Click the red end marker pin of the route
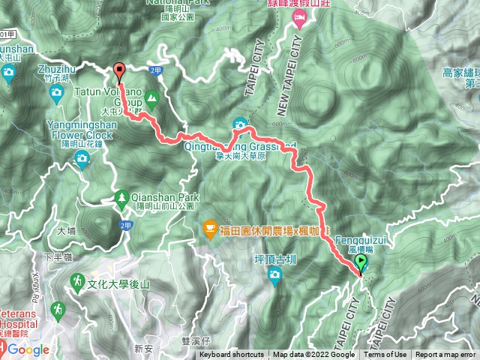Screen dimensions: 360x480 [x=119, y=71]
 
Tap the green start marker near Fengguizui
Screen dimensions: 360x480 [x=361, y=263]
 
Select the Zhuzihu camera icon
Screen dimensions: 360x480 [x=56, y=92]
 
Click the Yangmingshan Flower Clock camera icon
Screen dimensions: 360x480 [x=81, y=157]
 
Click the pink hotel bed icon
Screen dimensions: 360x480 [x=299, y=18]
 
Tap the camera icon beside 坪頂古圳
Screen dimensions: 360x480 [x=275, y=276]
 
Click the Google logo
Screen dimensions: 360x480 [x=28, y=349]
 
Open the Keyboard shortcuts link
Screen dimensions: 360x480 [x=232, y=355]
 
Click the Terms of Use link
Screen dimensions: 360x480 [x=387, y=355]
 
